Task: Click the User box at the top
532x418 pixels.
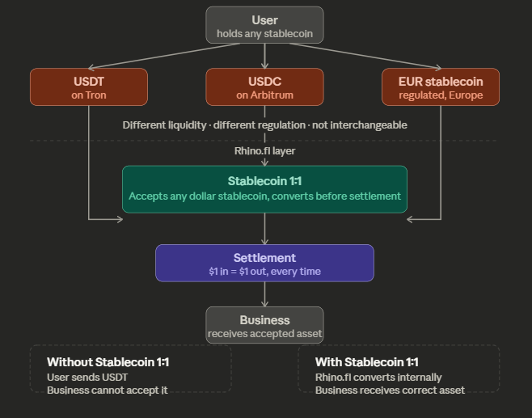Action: coord(264,25)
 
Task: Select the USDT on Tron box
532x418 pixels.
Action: coord(89,87)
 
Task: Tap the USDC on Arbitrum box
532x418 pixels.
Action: coord(264,87)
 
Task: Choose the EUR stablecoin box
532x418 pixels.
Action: coord(441,87)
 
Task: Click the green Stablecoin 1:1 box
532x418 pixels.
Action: coord(264,189)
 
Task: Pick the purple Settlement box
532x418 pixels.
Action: coord(264,264)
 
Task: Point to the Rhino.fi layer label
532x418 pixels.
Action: coord(264,150)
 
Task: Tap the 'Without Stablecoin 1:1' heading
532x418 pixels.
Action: coord(108,362)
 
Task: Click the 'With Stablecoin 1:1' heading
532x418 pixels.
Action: coord(367,362)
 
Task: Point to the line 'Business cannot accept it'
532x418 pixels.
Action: coord(107,391)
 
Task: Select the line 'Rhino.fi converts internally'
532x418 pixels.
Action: coord(378,377)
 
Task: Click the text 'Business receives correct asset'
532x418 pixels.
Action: coord(390,391)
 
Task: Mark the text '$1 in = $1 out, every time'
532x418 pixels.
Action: coord(264,272)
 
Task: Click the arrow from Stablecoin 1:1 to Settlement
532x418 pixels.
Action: coord(264,229)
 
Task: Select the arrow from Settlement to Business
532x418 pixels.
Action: coord(264,294)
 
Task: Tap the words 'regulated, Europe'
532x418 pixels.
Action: coord(441,95)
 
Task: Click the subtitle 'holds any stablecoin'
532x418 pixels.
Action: coord(264,34)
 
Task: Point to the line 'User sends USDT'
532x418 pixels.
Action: coord(87,377)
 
